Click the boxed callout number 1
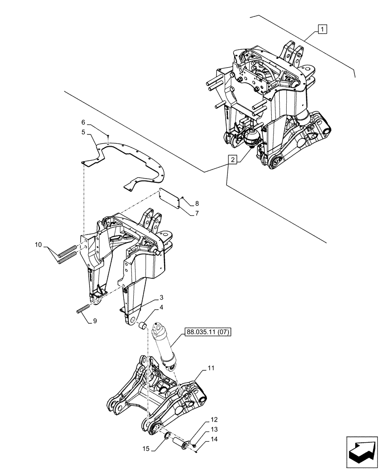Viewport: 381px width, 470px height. coord(322,30)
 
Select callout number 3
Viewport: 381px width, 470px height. coord(161,298)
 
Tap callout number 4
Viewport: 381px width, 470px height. coord(161,308)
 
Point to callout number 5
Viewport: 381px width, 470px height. coord(84,133)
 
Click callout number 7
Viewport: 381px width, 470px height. coord(197,213)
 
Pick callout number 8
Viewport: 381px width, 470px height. coord(197,204)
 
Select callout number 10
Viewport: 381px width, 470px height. coord(38,245)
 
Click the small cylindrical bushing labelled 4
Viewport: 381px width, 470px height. coord(144,325)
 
